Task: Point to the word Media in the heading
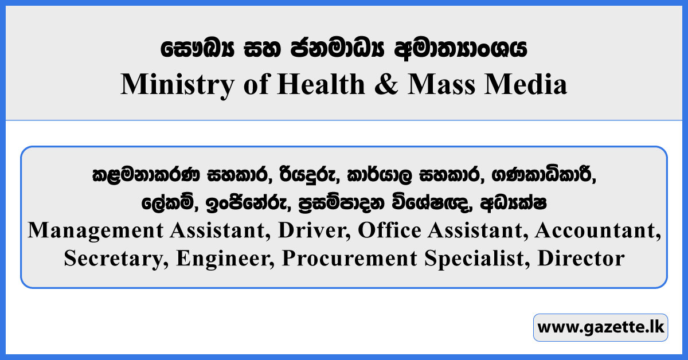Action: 533,85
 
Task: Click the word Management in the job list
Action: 92,230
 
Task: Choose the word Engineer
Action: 224,258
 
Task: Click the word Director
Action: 581,258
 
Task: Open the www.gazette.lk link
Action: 600,328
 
